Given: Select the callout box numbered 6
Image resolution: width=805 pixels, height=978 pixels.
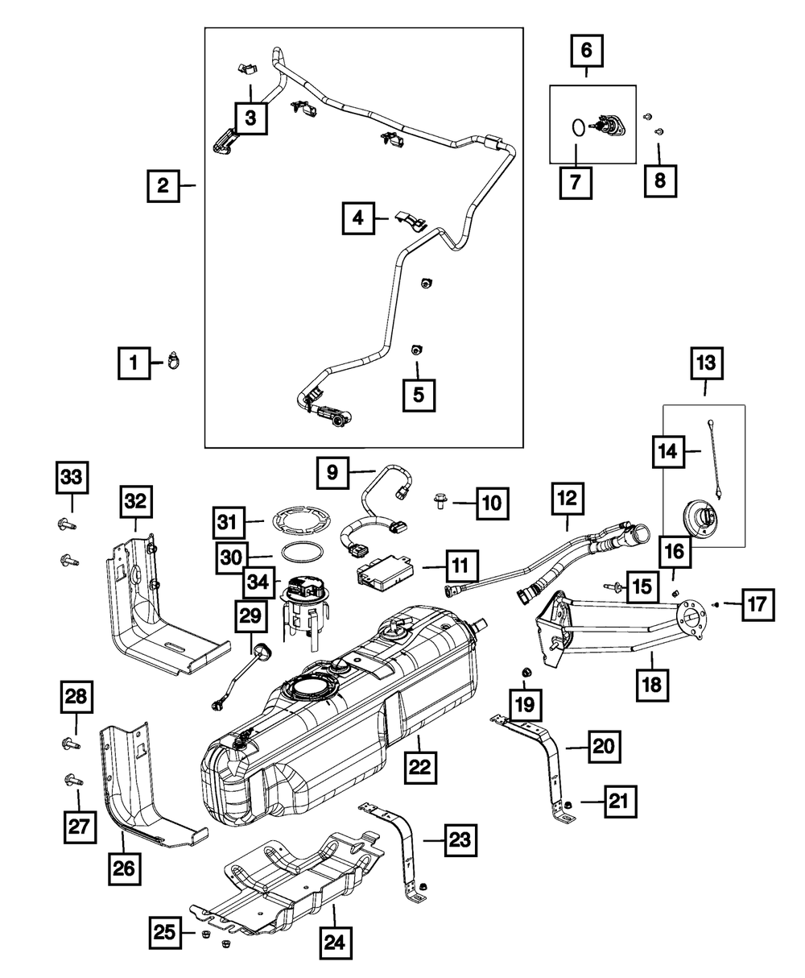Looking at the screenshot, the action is pos(586,50).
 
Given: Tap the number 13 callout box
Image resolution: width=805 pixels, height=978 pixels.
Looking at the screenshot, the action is pos(706,363).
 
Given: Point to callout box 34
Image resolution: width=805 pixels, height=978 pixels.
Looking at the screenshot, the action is pos(259,582).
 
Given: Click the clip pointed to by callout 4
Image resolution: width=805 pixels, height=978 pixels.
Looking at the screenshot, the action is pos(411,221).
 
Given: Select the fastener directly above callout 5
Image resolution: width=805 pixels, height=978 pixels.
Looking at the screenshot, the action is pos(415,350).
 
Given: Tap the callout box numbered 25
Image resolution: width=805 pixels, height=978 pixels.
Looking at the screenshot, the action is pos(166,933).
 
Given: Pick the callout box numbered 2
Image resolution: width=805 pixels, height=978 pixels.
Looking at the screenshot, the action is pos(163,186).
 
